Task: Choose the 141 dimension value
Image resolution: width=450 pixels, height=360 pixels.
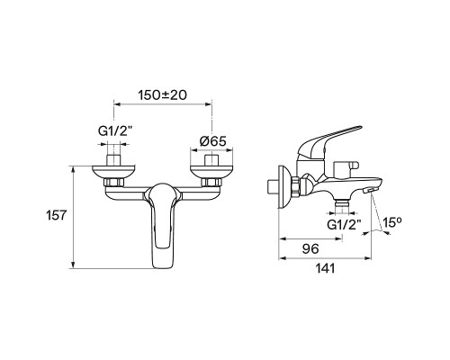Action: (326, 268)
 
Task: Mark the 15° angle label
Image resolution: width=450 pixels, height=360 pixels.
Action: (392, 220)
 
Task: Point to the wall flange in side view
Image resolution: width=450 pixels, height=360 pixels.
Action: (294, 189)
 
